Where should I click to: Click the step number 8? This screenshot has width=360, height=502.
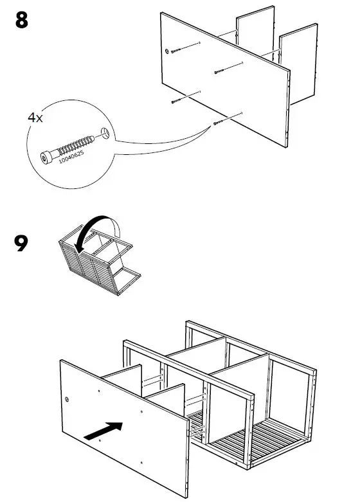coord(21,21)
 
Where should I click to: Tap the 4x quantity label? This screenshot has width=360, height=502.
coord(35,118)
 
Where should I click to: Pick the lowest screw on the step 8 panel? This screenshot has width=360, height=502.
coord(222,120)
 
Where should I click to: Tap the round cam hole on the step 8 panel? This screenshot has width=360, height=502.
coord(168,51)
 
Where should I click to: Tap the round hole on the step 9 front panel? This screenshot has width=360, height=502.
coord(67,399)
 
